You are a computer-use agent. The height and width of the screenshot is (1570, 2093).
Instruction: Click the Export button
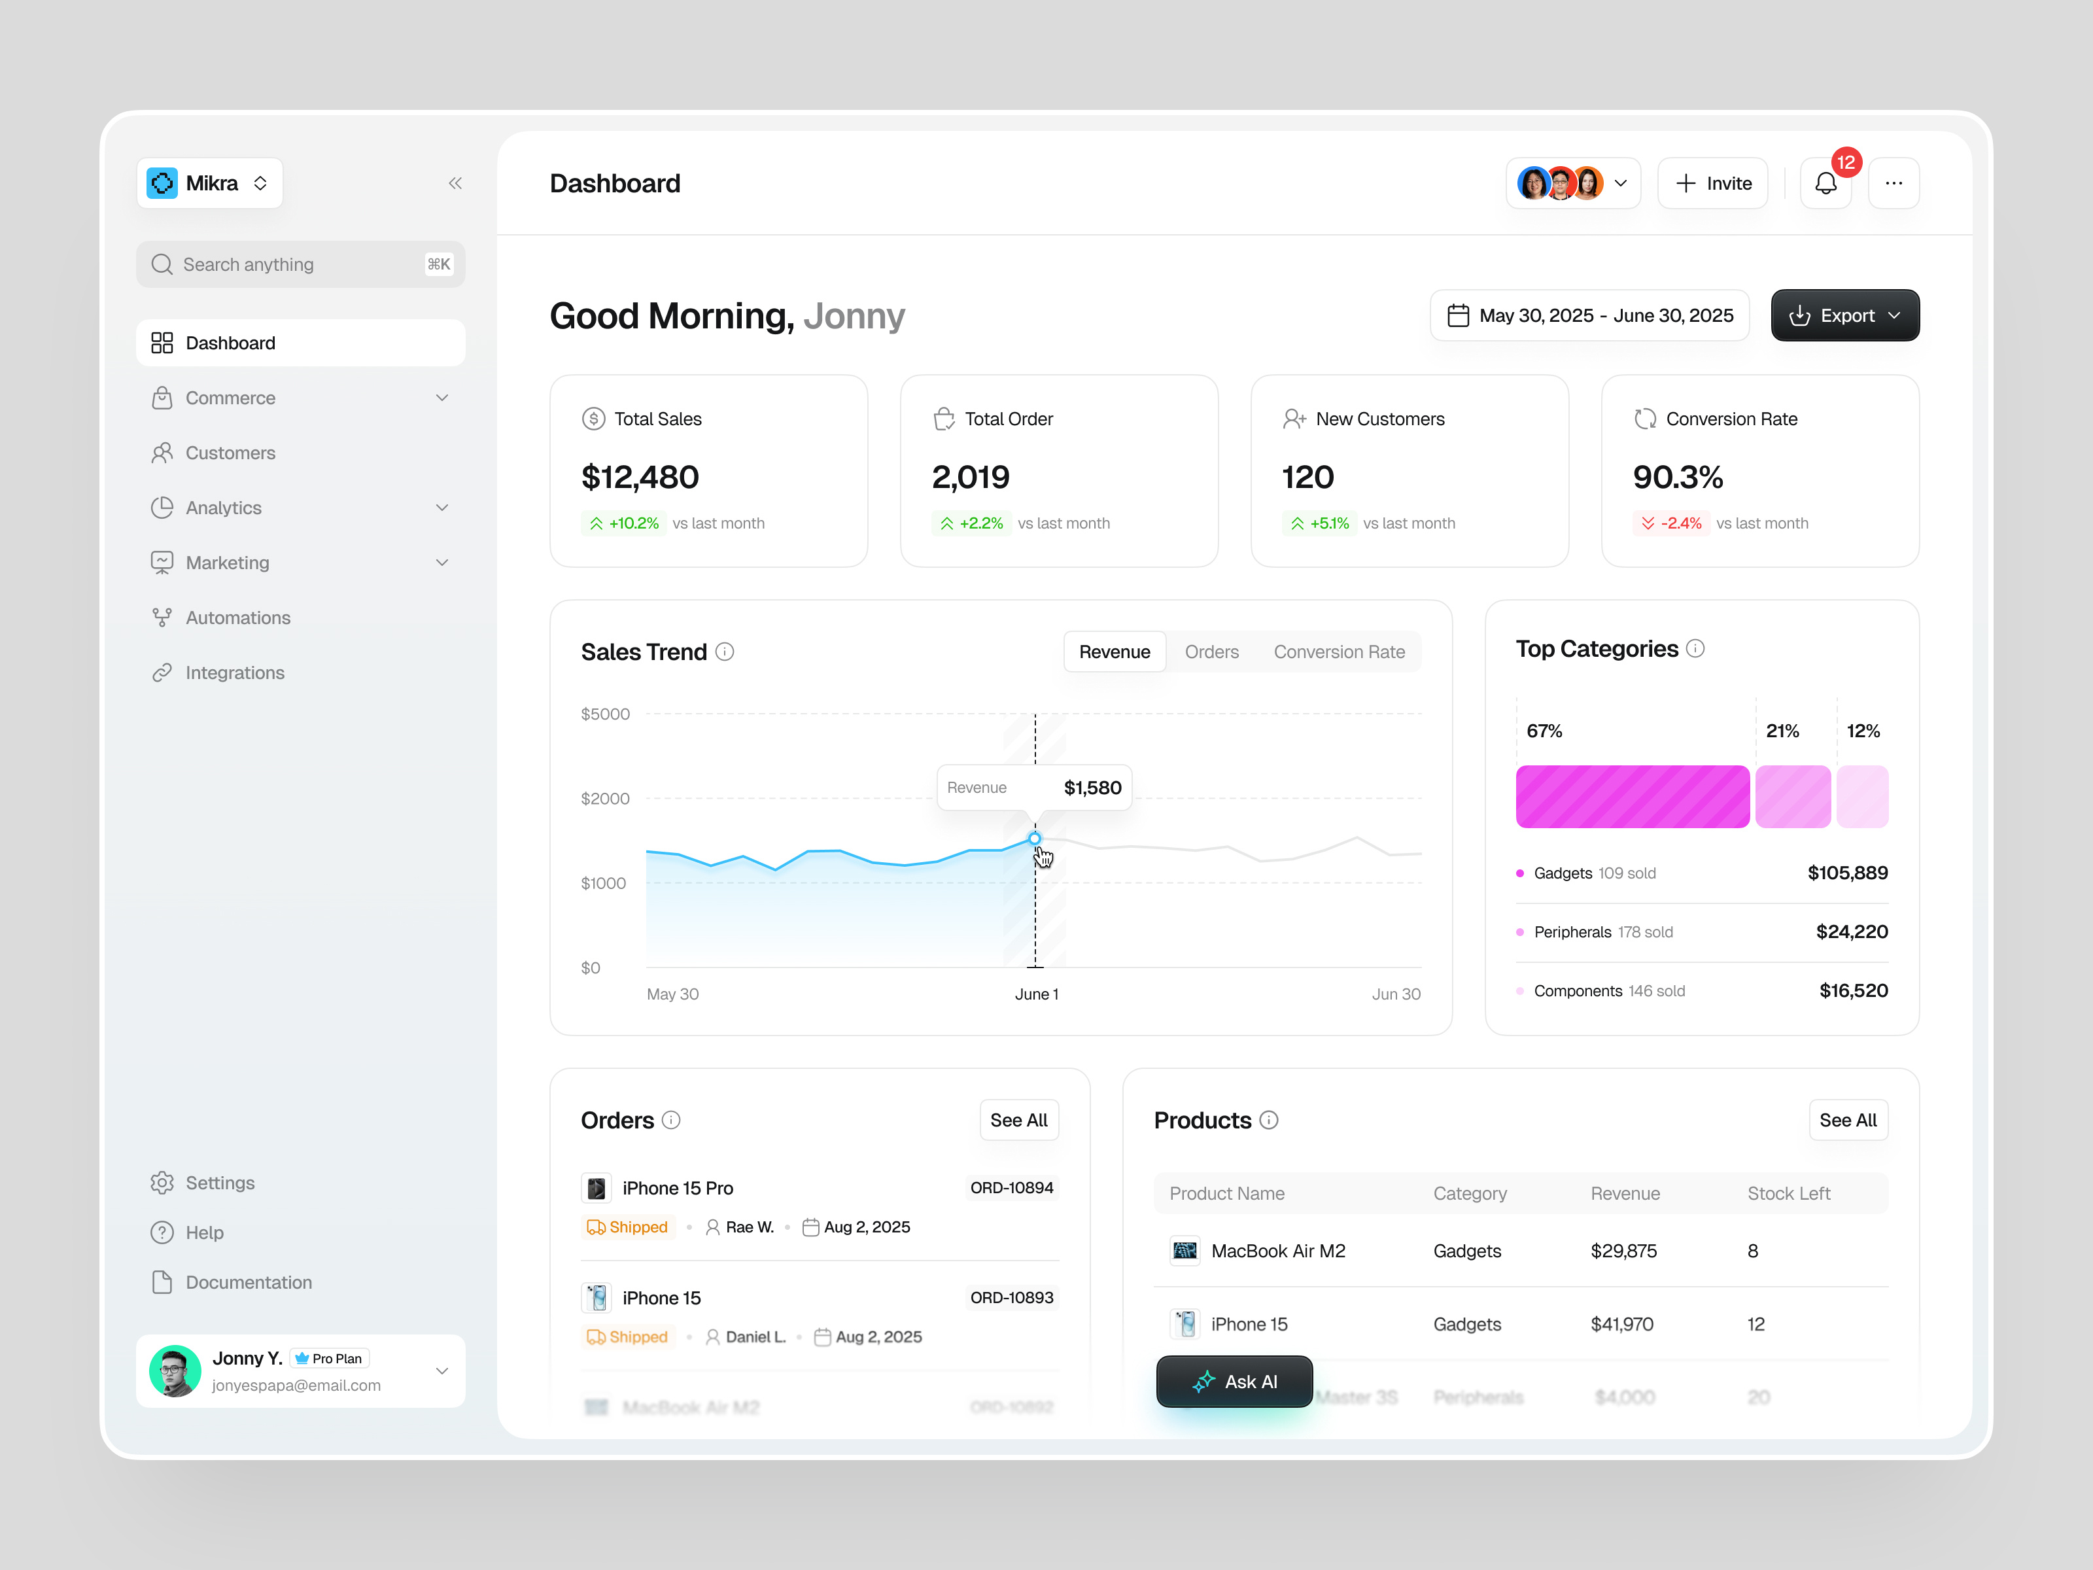pos(1844,315)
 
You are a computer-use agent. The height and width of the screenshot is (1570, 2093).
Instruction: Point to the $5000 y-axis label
pos(604,714)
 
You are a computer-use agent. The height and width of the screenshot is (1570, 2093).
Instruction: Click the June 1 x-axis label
pos(1036,994)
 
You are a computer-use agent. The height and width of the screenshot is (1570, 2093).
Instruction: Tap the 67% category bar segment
pos(1632,797)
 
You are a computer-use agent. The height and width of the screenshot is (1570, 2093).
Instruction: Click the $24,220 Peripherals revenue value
pos(1851,932)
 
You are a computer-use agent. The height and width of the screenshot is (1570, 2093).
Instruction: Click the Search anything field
pos(300,264)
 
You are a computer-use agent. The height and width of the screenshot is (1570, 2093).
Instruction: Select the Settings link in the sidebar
pos(220,1183)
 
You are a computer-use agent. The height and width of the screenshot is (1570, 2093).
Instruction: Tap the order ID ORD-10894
pos(1011,1188)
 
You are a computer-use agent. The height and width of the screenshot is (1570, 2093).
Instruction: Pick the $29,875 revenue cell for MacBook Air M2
pos(1623,1251)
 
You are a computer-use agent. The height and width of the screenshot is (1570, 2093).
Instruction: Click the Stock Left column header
pos(1788,1193)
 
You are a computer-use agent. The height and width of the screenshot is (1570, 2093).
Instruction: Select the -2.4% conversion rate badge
pos(1671,523)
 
